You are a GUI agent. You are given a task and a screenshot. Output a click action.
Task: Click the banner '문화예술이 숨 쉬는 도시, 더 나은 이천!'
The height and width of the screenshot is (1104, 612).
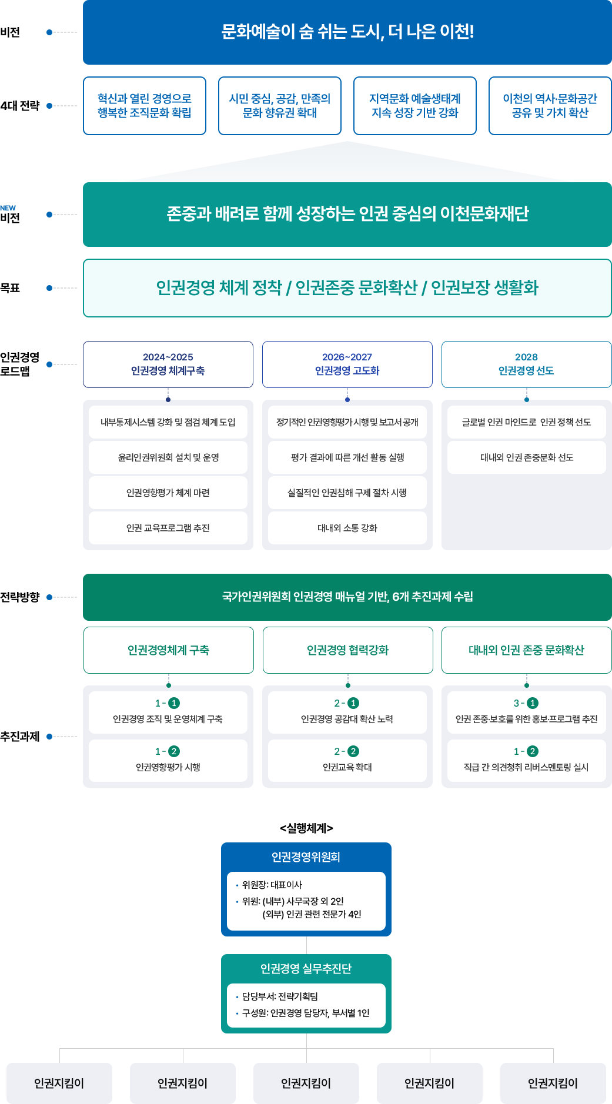[347, 32]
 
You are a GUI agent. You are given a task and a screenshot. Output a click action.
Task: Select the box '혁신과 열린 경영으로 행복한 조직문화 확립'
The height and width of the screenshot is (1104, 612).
[145, 106]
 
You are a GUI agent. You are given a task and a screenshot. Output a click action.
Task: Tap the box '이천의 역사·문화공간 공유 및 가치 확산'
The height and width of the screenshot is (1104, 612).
[550, 106]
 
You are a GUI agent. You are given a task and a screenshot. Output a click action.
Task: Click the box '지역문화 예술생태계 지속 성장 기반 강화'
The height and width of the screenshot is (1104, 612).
[414, 106]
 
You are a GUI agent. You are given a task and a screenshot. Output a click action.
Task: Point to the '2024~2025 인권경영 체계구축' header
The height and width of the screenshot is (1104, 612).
[168, 364]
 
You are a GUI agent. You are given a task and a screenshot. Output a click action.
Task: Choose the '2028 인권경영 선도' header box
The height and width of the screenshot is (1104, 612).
[526, 364]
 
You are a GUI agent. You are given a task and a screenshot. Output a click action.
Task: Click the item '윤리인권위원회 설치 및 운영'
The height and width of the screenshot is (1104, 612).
[168, 457]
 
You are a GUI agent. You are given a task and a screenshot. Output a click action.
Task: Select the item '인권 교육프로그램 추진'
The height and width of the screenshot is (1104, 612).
[168, 528]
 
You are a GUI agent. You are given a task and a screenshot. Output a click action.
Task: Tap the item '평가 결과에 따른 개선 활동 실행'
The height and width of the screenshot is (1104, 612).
[347, 457]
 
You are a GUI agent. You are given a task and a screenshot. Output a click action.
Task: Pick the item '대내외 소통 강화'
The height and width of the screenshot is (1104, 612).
[347, 528]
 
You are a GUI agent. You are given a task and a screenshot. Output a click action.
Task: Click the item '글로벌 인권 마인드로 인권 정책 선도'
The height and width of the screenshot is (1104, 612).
[526, 422]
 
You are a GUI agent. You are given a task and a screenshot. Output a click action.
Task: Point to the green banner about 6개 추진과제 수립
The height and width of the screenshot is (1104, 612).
[347, 597]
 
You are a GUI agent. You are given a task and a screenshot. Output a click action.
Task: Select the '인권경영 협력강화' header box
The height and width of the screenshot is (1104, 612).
[347, 650]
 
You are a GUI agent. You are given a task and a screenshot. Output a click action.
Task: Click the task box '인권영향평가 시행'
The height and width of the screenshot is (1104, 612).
[168, 761]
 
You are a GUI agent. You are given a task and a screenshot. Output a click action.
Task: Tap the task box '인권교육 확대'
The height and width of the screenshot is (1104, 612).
[347, 761]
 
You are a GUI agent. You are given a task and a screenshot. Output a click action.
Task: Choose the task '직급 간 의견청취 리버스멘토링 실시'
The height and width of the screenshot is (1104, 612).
[526, 761]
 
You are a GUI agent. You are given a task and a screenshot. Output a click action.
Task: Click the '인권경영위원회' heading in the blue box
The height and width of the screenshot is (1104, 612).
[306, 857]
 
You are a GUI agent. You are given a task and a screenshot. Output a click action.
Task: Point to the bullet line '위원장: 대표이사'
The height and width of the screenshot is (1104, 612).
[272, 885]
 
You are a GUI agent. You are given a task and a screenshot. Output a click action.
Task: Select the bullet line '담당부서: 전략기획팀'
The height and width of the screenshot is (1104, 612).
[280, 996]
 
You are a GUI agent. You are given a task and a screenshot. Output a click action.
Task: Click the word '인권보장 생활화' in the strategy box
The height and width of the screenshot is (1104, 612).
[484, 288]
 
